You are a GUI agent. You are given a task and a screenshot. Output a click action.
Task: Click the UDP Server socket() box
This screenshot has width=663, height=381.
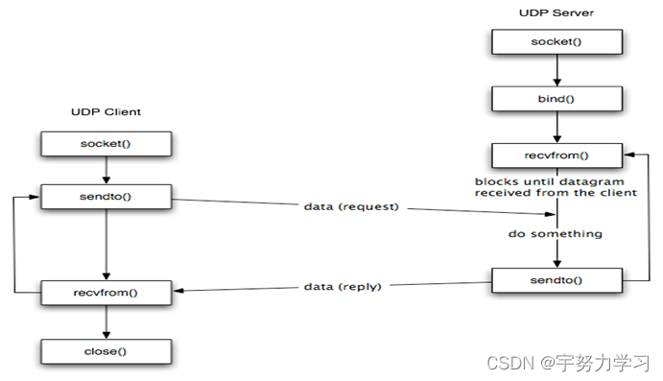point(556,41)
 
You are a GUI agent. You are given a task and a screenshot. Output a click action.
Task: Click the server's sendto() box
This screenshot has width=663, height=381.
point(556,280)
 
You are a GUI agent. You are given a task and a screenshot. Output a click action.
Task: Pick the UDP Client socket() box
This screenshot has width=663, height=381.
point(106,143)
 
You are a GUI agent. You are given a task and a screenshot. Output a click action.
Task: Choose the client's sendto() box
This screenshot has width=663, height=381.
point(106,199)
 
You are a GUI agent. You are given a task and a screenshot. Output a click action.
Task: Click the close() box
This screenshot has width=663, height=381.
point(106,350)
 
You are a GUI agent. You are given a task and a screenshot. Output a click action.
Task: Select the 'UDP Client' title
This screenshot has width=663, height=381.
point(106,112)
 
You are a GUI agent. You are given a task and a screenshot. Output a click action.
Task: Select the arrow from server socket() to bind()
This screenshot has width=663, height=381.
point(556,69)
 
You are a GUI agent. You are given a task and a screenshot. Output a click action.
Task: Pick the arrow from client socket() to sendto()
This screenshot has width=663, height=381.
point(106,171)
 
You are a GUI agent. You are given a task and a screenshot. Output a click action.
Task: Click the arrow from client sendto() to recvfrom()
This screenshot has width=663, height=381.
point(106,244)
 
